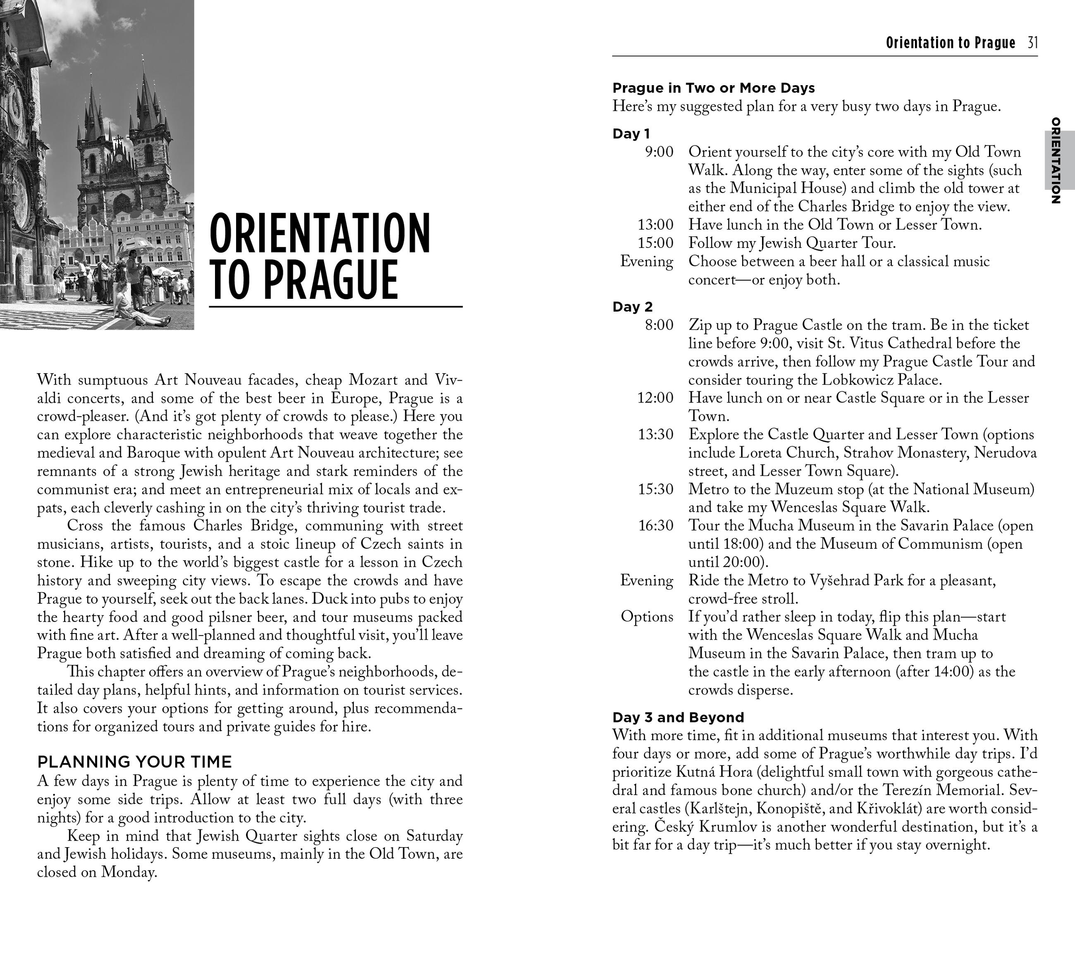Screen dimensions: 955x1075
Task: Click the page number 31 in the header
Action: [x=1032, y=43]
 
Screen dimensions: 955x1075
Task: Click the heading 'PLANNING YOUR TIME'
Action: [x=134, y=762]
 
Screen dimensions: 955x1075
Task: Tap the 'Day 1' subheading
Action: [x=631, y=133]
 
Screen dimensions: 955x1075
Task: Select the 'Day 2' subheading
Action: [x=632, y=307]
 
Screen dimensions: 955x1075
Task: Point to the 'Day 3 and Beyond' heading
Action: [x=678, y=717]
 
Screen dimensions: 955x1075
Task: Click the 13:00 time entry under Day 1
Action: [x=655, y=225]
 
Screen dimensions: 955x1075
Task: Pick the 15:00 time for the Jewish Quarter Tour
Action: [x=655, y=243]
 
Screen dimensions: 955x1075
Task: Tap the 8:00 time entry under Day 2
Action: [x=659, y=325]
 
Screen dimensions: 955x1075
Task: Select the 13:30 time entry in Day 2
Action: [x=655, y=434]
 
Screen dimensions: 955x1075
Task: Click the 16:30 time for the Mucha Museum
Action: [x=655, y=526]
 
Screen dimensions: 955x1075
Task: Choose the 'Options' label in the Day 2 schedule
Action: [x=646, y=617]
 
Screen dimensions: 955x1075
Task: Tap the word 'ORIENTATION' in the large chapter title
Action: [x=320, y=233]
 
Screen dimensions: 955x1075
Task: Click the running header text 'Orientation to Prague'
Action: [x=950, y=43]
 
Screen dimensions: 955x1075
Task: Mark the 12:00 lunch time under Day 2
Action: [x=655, y=398]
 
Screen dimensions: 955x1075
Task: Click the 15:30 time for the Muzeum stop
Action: [x=655, y=489]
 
